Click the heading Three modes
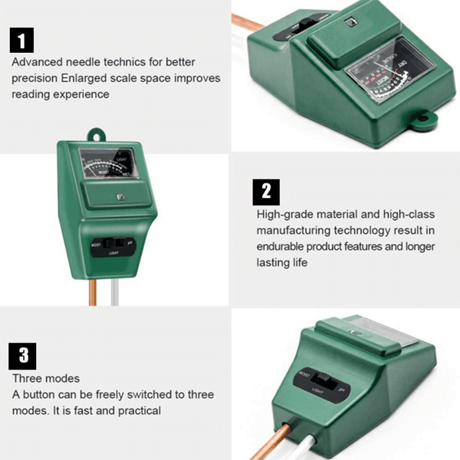point(45,379)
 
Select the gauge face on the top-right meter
point(387,76)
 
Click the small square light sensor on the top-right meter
point(350,24)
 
